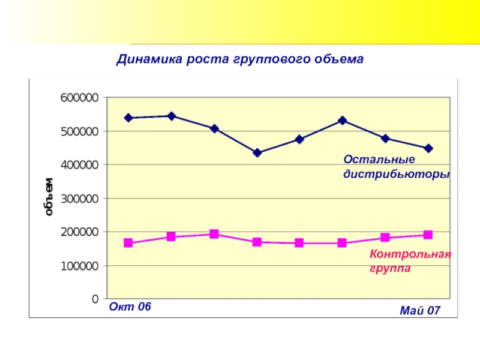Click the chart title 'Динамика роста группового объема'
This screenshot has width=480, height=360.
pos(240,60)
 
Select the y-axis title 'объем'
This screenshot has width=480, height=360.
pos(49,196)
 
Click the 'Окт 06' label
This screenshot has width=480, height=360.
pos(130,307)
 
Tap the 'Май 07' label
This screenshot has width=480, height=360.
pos(420,310)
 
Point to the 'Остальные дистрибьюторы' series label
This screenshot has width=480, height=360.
pos(396,167)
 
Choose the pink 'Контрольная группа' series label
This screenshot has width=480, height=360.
pos(410,261)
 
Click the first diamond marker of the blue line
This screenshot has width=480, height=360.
pos(128,118)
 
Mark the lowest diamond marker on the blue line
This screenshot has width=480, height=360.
pos(257,153)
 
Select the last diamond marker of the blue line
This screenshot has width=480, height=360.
pos(428,148)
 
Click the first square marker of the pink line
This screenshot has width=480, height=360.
pos(128,243)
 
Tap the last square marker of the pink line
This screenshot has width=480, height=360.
pos(428,235)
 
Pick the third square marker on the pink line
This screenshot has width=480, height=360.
pos(214,234)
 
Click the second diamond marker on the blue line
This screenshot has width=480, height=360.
pos(171,116)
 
